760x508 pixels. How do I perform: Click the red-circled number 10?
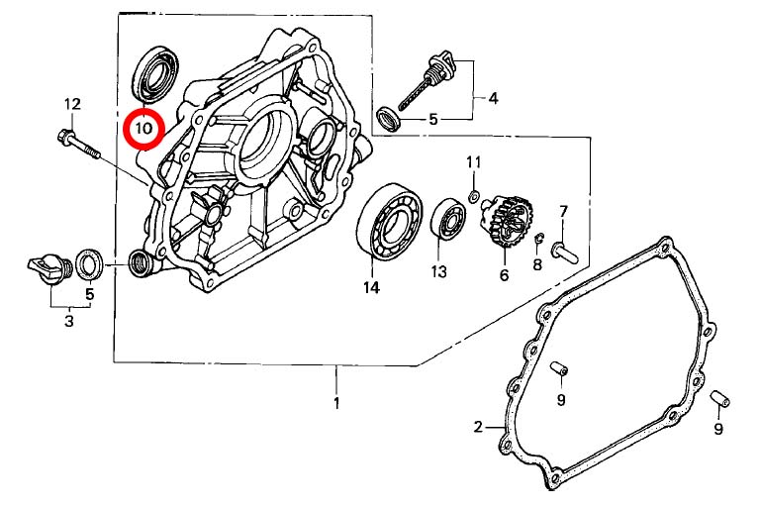click(144, 127)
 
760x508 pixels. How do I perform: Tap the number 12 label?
click(72, 104)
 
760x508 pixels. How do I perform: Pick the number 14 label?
click(371, 288)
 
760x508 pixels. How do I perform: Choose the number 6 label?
click(504, 275)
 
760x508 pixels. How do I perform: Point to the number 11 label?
click(473, 162)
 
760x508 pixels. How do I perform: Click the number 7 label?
click(563, 211)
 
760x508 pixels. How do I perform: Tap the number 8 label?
click(537, 264)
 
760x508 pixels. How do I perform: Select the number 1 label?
click(336, 403)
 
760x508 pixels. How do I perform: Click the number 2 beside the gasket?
click(478, 427)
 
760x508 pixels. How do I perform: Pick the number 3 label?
click(69, 321)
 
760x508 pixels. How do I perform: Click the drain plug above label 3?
click(46, 268)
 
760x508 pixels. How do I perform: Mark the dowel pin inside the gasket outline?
click(560, 369)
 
